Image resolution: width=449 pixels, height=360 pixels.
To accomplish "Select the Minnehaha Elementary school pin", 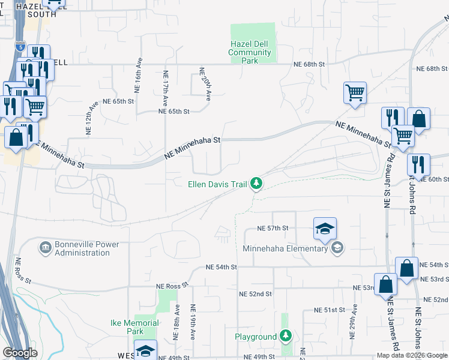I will coord(337,248).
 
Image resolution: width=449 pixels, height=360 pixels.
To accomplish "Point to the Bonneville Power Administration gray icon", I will coord(45,247).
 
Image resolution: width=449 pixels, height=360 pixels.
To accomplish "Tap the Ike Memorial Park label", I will coord(135,327).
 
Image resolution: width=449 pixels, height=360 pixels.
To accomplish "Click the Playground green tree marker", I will coord(286,337).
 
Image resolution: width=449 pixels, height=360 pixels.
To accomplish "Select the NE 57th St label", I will coord(273,229).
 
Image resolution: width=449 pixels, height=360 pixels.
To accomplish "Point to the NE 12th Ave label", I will coord(92,116).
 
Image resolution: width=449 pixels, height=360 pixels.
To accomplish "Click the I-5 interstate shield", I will coord(21,46).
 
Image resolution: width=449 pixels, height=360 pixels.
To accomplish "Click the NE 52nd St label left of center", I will coord(255,294).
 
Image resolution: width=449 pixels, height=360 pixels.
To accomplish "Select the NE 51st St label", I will coord(330,310).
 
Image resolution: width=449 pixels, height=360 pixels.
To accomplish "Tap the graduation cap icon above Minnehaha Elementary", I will coord(325,229).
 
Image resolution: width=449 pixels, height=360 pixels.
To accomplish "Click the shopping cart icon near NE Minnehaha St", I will coord(355,93).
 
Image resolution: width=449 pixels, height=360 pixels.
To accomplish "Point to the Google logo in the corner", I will coord(20,353).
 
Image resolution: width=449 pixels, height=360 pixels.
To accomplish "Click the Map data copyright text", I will coord(412,355).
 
